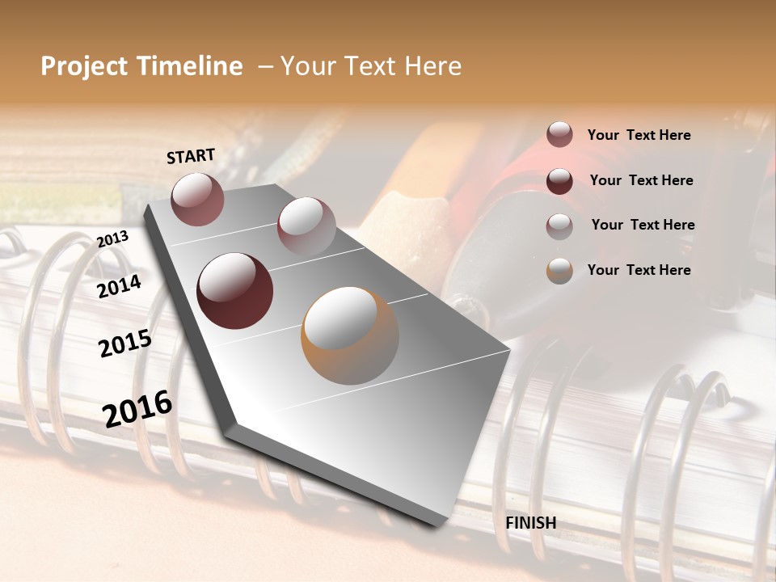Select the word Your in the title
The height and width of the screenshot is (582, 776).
point(311,66)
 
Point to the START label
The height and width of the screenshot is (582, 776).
point(191,156)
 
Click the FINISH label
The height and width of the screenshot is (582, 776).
point(531,523)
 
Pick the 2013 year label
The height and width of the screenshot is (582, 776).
point(112,239)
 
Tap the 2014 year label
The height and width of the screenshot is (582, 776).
point(120,287)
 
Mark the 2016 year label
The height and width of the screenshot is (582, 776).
point(137,409)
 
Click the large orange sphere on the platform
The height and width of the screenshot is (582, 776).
point(350,335)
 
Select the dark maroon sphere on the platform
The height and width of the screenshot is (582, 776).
point(234,291)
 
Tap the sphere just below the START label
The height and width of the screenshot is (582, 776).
point(197,199)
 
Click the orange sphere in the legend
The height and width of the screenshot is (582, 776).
point(559,271)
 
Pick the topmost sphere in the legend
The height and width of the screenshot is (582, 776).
point(559,134)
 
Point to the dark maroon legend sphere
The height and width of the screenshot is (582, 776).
point(559,181)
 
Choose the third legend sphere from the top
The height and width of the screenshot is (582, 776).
point(559,226)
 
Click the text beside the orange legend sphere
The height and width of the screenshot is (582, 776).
point(639,270)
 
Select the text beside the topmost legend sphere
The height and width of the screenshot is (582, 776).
point(639,136)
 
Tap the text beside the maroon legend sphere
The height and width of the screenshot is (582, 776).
point(641,180)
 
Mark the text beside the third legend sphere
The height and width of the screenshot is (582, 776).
point(643,225)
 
